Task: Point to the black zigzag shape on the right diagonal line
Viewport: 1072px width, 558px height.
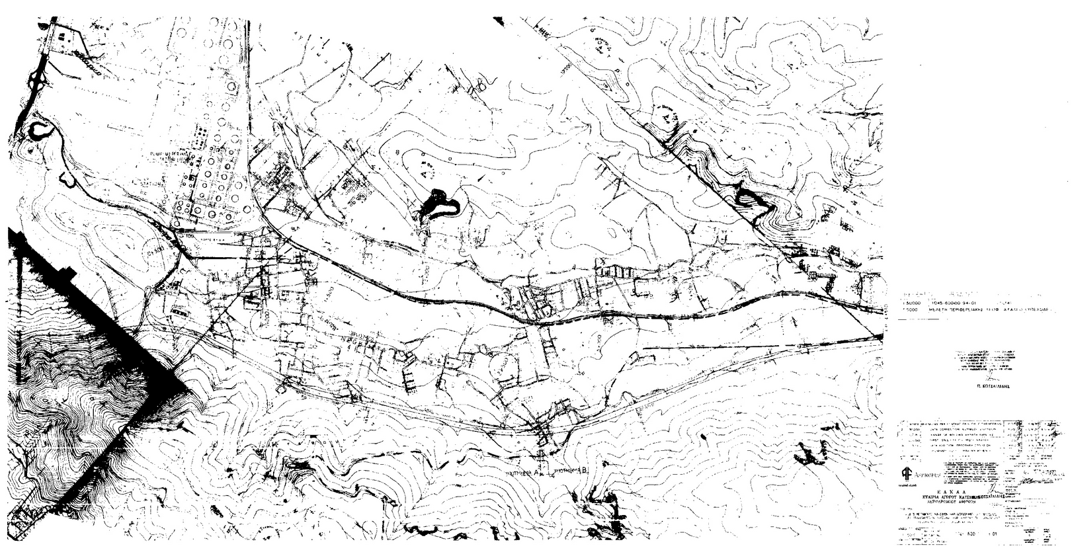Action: point(751,198)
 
